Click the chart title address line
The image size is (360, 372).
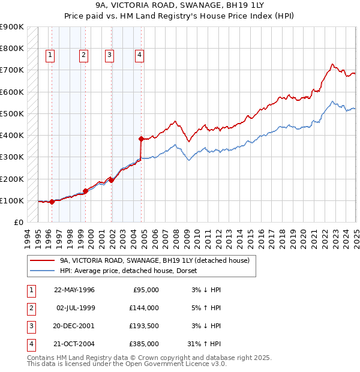[179, 5]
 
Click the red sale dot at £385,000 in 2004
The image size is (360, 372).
[142, 139]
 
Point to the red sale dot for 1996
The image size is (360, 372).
[52, 202]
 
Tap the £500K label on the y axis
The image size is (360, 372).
[12, 113]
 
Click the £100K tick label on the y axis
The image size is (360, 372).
[12, 200]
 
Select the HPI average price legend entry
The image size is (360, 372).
[133, 271]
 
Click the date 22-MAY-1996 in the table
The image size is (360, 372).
[74, 290]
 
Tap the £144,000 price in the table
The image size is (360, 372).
[144, 308]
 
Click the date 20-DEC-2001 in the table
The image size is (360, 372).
[74, 327]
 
